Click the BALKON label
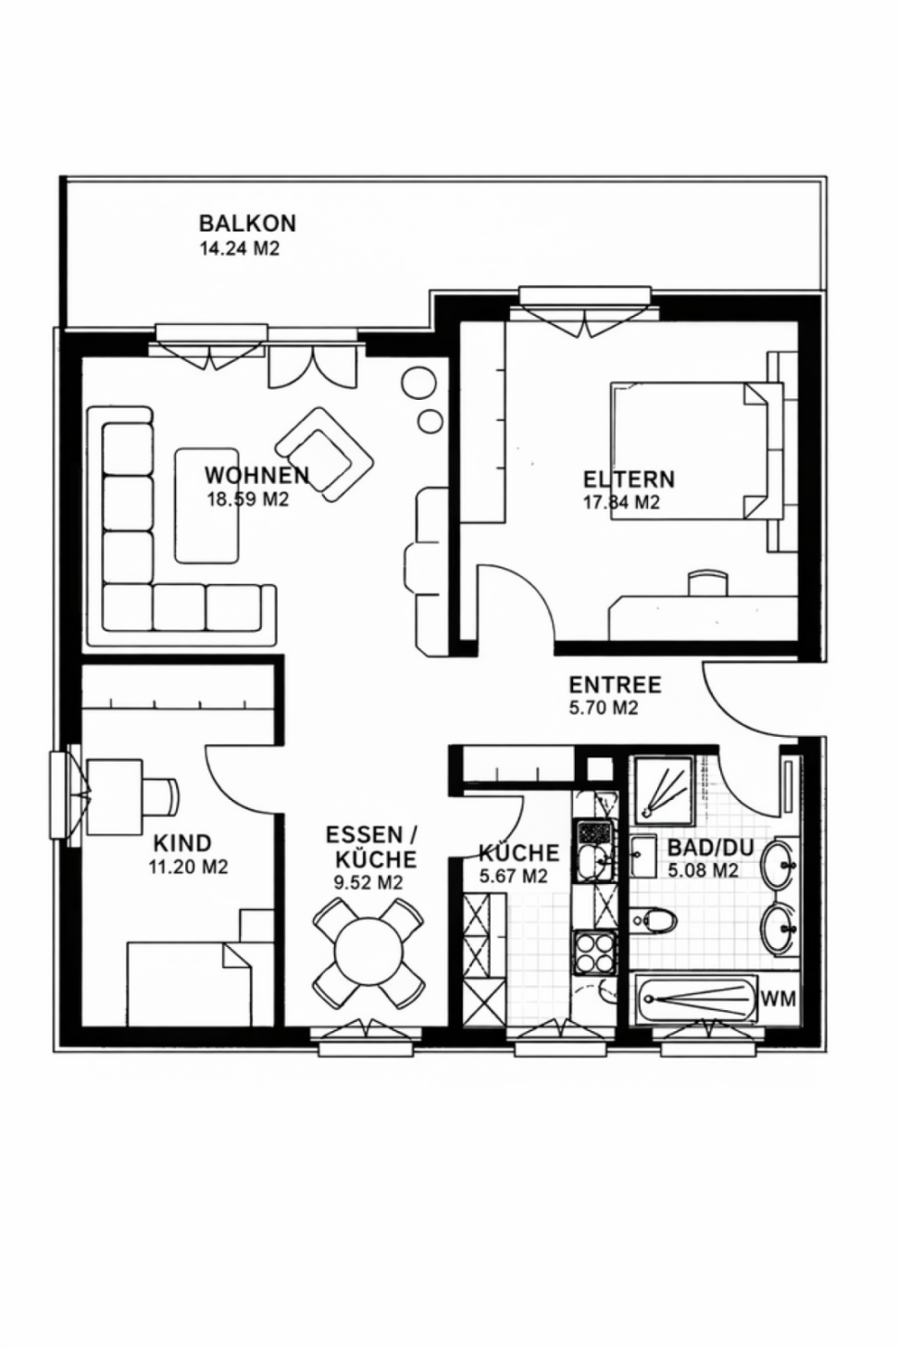point(248,223)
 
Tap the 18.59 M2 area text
point(248,500)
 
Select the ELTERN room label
point(630,480)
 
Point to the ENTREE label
point(616,685)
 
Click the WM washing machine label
point(779,999)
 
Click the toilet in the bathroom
point(655,919)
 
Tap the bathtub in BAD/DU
point(696,1000)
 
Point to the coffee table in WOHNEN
point(206,505)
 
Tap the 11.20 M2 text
point(188,867)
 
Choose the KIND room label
point(182,842)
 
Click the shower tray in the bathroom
point(666,792)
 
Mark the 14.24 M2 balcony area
point(240,249)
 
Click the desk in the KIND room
point(115,797)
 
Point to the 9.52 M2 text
point(368,882)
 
